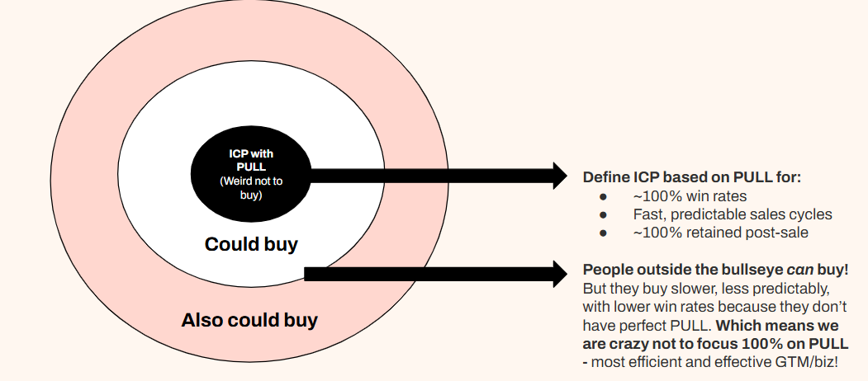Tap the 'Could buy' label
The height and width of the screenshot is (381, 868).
coord(251,244)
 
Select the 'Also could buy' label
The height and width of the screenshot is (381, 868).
coord(249,320)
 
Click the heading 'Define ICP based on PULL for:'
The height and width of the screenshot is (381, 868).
coord(692,176)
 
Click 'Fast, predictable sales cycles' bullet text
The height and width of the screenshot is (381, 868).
coord(733,214)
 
